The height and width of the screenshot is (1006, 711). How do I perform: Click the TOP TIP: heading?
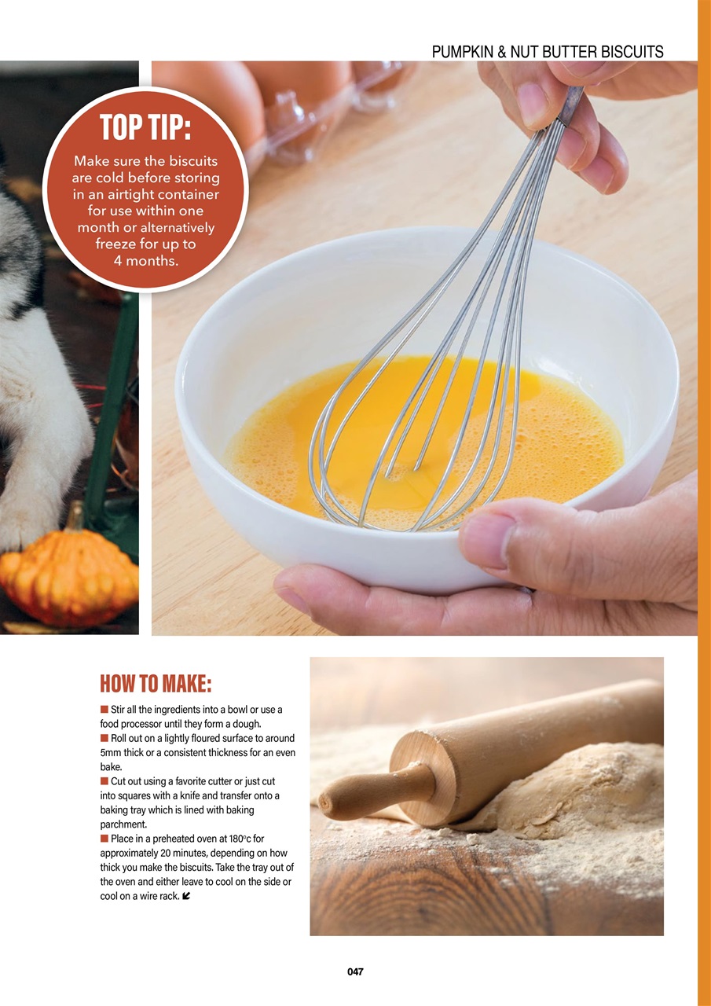click(x=145, y=127)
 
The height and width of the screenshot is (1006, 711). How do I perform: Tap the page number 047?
click(x=355, y=971)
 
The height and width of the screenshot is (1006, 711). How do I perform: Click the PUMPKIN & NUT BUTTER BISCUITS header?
click(x=548, y=53)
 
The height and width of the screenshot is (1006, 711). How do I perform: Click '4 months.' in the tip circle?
click(x=145, y=261)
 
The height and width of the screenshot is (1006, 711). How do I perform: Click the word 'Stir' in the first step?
click(x=120, y=710)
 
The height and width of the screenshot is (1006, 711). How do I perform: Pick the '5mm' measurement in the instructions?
click(x=115, y=752)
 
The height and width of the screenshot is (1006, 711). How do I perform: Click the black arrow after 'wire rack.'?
click(x=185, y=896)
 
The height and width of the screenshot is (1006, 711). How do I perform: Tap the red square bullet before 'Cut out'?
click(x=104, y=781)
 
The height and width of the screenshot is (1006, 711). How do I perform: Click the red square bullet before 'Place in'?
click(x=104, y=839)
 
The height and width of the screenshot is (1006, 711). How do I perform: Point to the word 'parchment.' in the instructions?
click(x=123, y=824)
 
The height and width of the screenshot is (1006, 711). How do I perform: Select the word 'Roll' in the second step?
click(x=120, y=738)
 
